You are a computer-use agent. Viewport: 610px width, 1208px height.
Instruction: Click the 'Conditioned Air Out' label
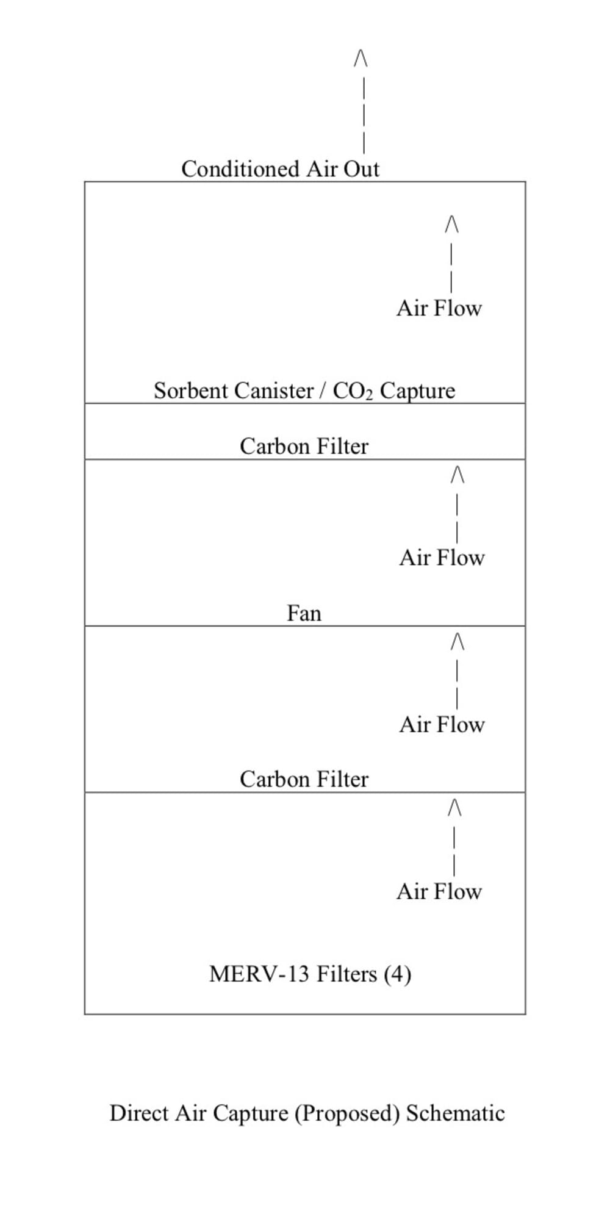tap(280, 169)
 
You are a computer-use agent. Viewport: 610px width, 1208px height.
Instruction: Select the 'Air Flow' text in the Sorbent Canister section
tap(439, 308)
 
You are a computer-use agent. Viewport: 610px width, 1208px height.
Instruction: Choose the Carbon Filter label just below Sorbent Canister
tap(304, 446)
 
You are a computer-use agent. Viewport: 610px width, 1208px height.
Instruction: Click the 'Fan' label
tap(304, 613)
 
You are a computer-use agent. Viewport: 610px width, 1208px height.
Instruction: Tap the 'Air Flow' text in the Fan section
tap(442, 558)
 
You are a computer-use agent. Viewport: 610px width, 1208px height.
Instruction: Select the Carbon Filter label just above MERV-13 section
tap(304, 779)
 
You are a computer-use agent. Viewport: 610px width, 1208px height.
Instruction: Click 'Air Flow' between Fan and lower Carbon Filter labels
tap(442, 725)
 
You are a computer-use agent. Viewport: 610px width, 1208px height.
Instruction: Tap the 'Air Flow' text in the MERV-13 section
tap(439, 891)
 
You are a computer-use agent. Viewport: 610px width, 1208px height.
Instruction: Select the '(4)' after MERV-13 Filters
tap(397, 974)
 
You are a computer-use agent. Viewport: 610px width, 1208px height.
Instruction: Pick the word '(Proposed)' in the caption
tap(347, 1113)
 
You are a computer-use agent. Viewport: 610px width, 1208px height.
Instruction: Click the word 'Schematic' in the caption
tap(455, 1113)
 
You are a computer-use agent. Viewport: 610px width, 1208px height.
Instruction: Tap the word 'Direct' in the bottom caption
tap(138, 1113)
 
